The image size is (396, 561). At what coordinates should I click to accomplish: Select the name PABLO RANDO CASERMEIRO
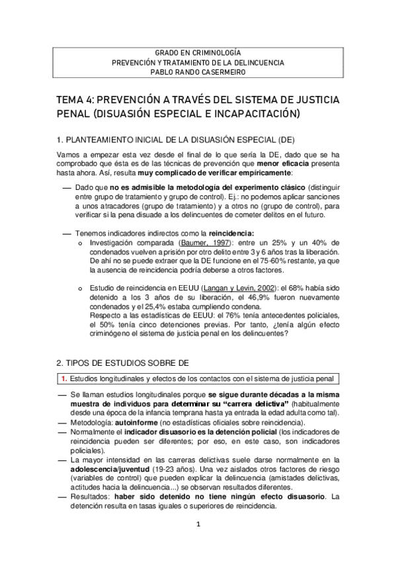[x=198, y=73]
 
